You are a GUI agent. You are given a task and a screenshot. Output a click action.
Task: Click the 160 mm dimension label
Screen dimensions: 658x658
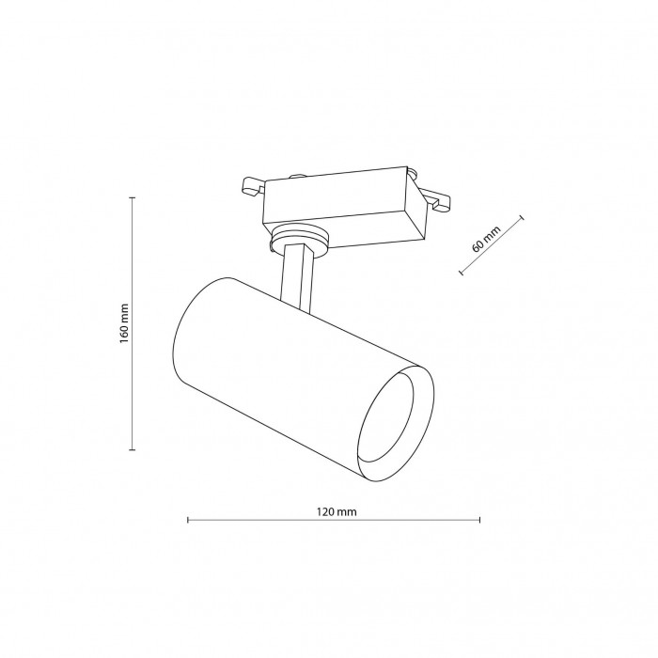(124, 323)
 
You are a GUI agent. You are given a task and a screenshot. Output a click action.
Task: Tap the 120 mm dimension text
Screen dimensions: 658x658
(337, 512)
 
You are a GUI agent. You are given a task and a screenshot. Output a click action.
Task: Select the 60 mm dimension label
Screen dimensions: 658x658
(486, 239)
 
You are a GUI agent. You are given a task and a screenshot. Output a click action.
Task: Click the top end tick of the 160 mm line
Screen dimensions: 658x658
(133, 197)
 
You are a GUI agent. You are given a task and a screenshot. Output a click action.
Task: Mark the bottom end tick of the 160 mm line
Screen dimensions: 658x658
(133, 450)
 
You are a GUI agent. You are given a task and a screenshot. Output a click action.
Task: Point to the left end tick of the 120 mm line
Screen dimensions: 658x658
(188, 520)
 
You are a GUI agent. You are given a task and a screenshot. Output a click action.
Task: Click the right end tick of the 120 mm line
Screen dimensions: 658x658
(479, 520)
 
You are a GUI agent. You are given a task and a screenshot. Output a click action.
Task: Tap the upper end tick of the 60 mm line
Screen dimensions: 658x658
(522, 217)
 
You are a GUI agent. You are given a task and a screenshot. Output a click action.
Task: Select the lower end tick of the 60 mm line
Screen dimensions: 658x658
(461, 273)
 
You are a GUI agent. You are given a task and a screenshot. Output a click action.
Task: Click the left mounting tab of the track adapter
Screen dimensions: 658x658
(253, 187)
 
